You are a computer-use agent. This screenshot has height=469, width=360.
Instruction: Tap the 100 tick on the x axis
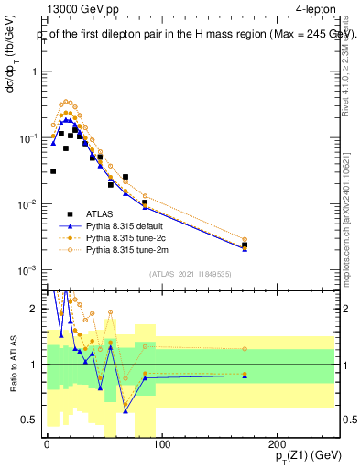pos(161,444)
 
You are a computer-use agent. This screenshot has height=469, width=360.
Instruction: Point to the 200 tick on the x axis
pos(278,444)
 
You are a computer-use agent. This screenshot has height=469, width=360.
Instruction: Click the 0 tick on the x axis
pos(46,444)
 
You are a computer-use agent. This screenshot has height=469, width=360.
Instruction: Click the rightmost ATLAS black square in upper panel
pos(244,245)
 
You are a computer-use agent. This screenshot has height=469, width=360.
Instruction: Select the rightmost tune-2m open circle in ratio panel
pos(244,349)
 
